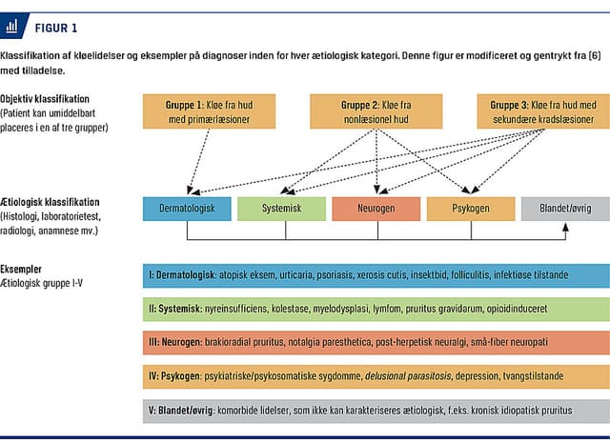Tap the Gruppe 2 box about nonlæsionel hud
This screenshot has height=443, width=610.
click(x=377, y=111)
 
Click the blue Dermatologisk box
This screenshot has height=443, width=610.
click(x=186, y=207)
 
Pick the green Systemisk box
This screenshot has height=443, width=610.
click(x=280, y=207)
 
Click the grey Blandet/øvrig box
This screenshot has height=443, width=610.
click(x=564, y=207)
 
